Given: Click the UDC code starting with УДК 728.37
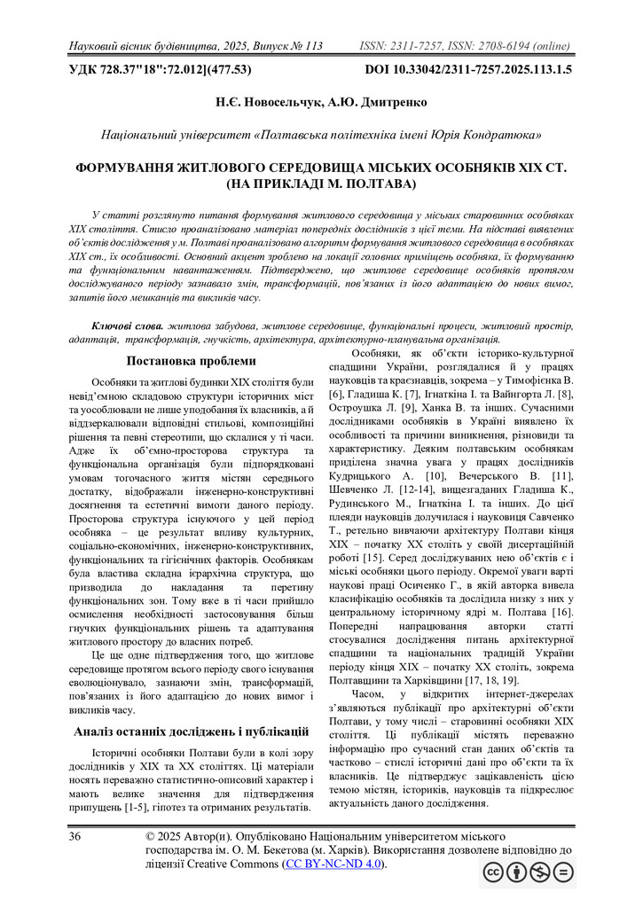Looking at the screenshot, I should (x=160, y=68).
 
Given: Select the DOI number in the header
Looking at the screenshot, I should (x=468, y=68).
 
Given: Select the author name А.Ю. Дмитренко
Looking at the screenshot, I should (x=374, y=102).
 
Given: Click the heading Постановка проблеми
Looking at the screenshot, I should (x=192, y=361).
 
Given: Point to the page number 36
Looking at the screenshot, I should (x=74, y=837).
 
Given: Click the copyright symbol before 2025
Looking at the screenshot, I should (x=151, y=837).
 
